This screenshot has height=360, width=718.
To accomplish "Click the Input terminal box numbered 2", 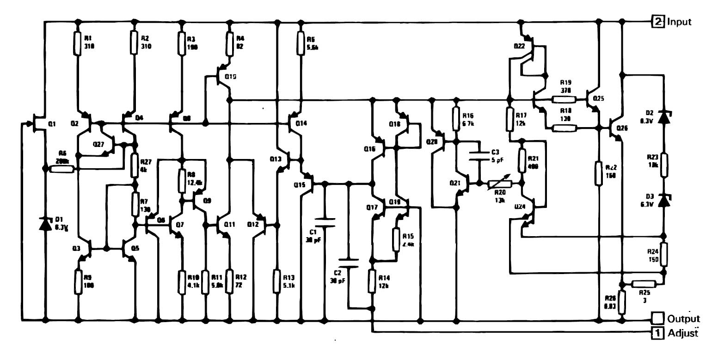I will click(657, 21).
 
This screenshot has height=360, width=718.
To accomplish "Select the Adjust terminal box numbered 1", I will click(657, 332).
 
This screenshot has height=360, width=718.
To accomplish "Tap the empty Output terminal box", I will click(657, 318).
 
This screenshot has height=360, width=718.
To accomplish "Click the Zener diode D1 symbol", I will click(45, 224).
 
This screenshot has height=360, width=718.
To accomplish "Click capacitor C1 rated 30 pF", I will click(325, 222).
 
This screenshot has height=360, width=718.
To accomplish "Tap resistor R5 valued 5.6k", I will click(301, 43).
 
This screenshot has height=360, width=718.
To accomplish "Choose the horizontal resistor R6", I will click(61, 169).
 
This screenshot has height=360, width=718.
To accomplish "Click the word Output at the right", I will click(683, 319).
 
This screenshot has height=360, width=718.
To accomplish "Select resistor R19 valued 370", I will click(564, 98).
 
